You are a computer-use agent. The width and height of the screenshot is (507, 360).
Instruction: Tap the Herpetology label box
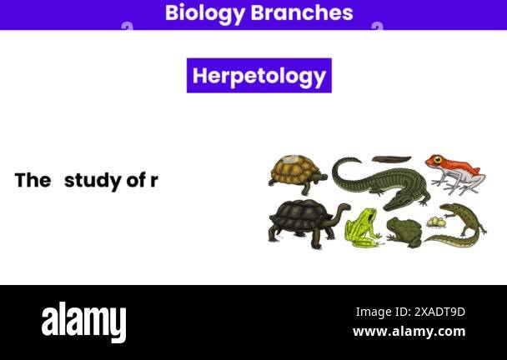coord(259,76)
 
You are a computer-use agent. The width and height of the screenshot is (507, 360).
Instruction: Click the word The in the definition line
coord(33,180)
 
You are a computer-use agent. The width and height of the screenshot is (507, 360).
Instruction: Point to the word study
coord(93,180)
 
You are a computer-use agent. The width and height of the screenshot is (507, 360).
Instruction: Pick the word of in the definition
coord(136,180)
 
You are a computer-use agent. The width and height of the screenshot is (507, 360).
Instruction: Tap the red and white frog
coord(455,172)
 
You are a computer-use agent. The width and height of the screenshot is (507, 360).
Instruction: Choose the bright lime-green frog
coord(363,226)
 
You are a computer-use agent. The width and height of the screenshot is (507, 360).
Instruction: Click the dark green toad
coord(404,231)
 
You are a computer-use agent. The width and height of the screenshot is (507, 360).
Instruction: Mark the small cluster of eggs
coord(435,222)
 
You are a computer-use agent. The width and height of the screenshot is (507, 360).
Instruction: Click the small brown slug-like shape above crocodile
coord(390,158)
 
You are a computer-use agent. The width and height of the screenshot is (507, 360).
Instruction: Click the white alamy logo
coord(83,322)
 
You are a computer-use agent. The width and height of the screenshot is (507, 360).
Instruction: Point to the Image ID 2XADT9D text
coord(410,312)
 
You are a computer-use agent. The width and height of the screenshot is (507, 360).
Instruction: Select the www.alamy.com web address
coord(409,331)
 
